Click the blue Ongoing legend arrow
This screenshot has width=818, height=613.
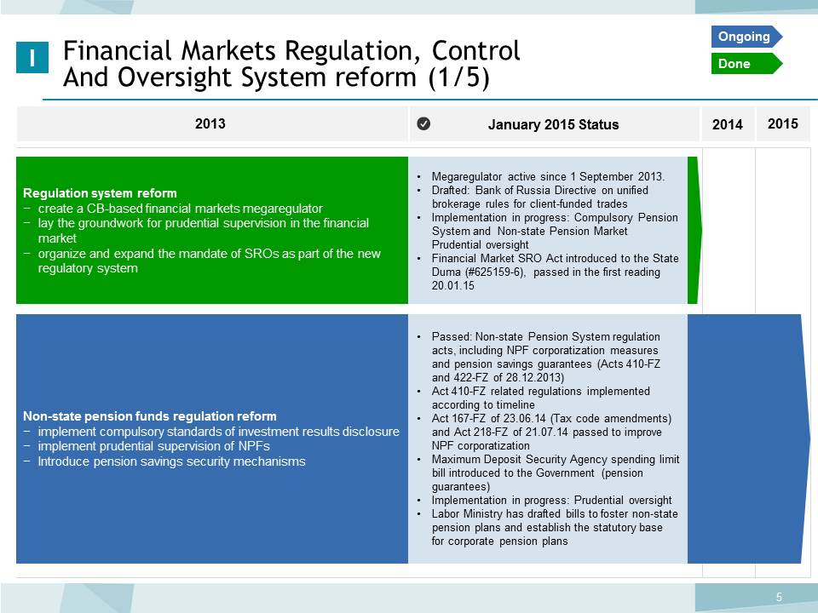(x=746, y=37)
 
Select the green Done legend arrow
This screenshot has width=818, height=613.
(x=746, y=64)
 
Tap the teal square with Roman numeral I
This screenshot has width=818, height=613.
(x=32, y=57)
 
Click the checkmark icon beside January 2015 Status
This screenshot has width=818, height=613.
(x=423, y=123)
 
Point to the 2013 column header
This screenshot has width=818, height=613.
(x=210, y=123)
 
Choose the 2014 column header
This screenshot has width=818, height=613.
(x=727, y=124)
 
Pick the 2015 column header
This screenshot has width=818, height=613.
(x=782, y=123)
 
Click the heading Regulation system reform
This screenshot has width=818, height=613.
(x=100, y=193)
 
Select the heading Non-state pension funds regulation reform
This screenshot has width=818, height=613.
(x=150, y=416)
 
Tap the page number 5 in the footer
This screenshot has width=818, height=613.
(x=779, y=597)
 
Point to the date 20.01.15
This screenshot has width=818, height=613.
(x=452, y=286)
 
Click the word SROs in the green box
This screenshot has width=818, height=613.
(x=262, y=254)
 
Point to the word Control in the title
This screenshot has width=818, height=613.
(x=475, y=50)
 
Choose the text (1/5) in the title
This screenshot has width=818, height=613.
(x=459, y=77)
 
